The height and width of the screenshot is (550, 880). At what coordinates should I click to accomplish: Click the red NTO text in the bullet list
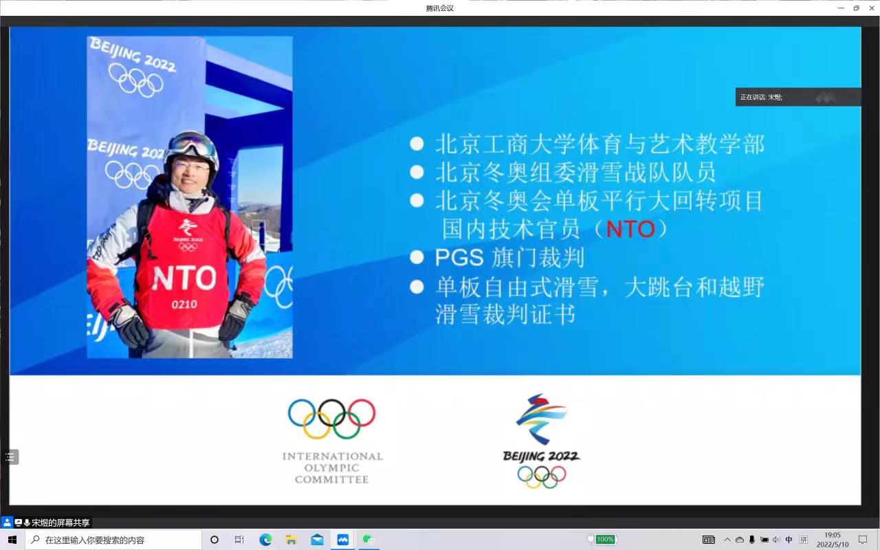click(630, 229)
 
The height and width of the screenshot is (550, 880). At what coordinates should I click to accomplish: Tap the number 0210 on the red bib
click(184, 304)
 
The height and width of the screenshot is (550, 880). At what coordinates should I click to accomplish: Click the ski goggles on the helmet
click(192, 145)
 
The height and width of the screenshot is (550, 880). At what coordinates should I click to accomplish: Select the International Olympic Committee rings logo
click(331, 419)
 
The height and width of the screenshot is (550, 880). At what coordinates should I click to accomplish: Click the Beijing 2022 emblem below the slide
click(542, 440)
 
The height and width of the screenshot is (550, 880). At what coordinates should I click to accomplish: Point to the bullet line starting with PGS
click(509, 258)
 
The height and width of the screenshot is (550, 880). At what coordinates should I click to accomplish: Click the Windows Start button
click(12, 540)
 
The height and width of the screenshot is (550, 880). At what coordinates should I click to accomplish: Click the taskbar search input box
click(113, 540)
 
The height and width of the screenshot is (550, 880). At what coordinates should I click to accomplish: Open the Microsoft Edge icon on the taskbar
click(265, 540)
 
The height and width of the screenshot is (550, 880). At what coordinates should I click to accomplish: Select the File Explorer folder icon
click(291, 540)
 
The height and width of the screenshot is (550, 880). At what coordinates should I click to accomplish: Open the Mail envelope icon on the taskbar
click(317, 540)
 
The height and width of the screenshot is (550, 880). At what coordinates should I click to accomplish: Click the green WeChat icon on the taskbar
click(368, 540)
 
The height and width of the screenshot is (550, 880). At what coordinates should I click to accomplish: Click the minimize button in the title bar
click(841, 8)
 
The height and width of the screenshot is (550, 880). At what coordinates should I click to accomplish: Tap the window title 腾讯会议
click(440, 8)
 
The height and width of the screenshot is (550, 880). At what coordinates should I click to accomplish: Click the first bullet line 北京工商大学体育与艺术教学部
click(599, 144)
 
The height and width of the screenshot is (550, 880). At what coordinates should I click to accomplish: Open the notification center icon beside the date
click(863, 540)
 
